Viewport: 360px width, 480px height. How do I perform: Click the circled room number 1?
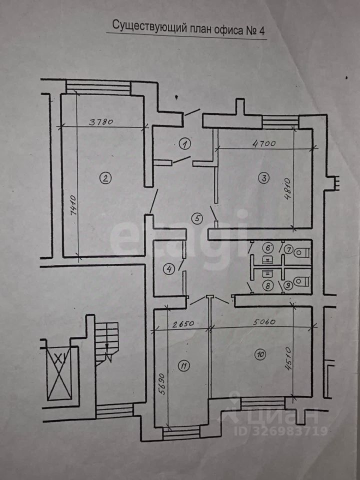[x=185, y=144]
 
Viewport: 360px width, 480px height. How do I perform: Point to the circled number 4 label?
[x=170, y=269]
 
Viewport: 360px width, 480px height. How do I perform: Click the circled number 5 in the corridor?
[x=197, y=218]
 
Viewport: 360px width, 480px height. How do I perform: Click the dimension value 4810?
[x=287, y=188]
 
